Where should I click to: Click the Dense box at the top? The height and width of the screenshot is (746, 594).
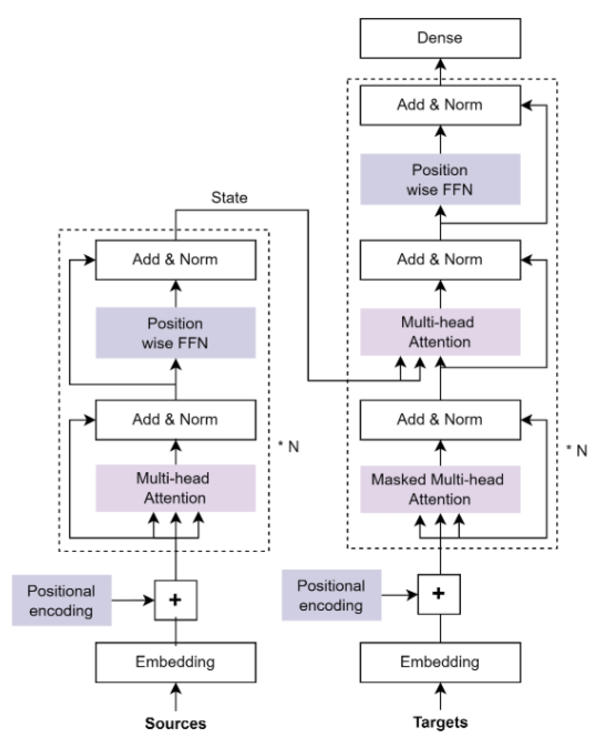click(440, 38)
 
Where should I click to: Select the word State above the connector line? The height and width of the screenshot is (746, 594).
click(229, 198)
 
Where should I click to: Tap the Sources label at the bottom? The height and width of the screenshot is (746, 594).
click(176, 723)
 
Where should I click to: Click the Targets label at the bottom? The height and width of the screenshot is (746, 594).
click(440, 722)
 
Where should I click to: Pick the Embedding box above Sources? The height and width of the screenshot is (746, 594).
click(176, 662)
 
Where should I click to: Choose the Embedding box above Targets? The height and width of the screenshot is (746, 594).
click(440, 662)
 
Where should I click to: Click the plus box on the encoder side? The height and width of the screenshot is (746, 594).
click(176, 600)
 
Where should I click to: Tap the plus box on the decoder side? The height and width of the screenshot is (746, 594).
click(438, 594)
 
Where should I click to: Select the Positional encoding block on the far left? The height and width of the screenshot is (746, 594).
click(62, 600)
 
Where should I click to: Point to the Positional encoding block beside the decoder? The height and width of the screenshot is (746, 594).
click(331, 595)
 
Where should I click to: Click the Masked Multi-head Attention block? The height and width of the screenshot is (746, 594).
click(440, 489)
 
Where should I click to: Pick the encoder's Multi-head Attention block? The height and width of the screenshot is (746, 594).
click(176, 488)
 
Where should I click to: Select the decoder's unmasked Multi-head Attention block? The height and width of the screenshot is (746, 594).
click(440, 332)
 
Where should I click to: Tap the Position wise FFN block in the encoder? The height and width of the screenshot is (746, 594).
click(176, 333)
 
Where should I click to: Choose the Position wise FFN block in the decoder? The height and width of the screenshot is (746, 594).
click(440, 180)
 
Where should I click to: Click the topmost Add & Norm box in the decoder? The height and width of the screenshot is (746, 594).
click(440, 105)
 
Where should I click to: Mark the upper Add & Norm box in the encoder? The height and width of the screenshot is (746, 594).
click(176, 260)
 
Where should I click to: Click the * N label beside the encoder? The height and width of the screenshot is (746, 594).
click(289, 447)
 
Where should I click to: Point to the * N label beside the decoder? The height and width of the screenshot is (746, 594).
click(577, 451)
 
